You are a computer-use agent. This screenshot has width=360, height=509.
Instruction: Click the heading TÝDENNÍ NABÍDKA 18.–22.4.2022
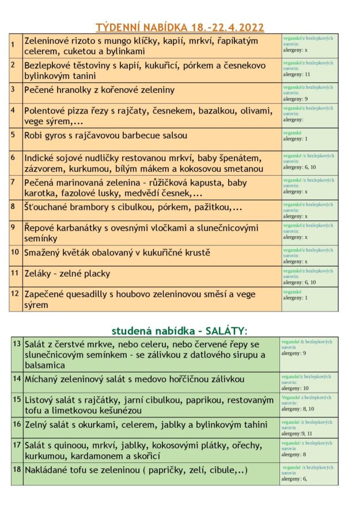click(x=179, y=27)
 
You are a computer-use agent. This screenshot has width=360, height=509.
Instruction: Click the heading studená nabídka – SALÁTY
click(x=179, y=331)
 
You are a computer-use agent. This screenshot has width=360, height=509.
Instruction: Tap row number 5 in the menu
click(x=13, y=134)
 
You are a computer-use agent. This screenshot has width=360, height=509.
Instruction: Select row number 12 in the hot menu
click(x=15, y=294)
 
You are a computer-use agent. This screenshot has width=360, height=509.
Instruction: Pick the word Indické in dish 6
click(x=41, y=158)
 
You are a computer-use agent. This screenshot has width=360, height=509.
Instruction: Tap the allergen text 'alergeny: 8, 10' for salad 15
click(x=297, y=409)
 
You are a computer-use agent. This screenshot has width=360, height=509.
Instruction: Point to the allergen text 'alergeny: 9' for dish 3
click(x=295, y=98)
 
